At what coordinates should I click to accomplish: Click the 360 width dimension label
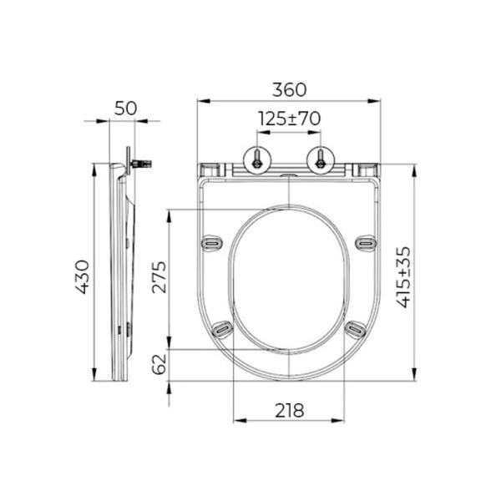[289, 90]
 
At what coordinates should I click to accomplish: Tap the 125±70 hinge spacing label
[289, 119]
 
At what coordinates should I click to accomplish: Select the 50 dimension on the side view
[125, 109]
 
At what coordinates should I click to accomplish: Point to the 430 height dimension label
[82, 276]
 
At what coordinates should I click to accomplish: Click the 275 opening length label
[159, 277]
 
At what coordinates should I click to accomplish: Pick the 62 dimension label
[159, 364]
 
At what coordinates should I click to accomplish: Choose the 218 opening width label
[290, 411]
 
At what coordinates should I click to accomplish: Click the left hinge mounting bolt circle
[257, 160]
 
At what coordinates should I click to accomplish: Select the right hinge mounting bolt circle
[321, 160]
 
